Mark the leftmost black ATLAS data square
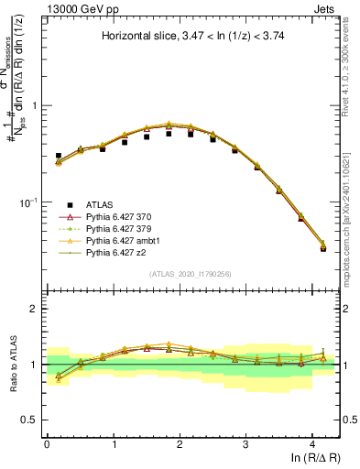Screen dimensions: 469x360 coord(59,156)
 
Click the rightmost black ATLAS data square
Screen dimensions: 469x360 coord(323,248)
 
